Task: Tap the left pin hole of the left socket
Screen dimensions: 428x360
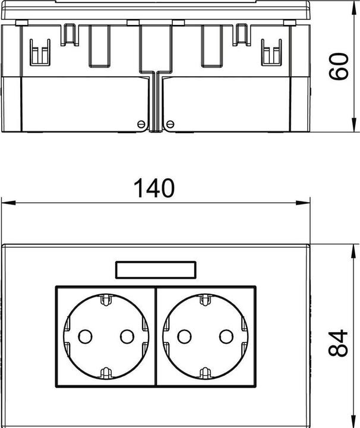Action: pos(84,336)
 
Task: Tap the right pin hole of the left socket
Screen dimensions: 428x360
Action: pos(127,336)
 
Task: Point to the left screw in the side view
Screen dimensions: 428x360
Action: pos(141,124)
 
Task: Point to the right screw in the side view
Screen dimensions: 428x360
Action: pos(170,124)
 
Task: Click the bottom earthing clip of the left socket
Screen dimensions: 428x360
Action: pos(105,373)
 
